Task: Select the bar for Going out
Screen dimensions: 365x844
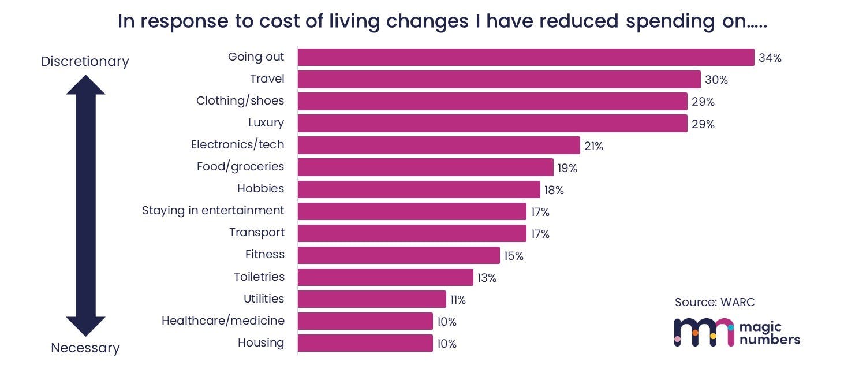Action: [525, 57]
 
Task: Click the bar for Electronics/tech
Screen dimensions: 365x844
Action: [439, 145]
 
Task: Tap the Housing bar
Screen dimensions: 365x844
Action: [365, 343]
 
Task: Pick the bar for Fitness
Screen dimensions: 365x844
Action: [398, 255]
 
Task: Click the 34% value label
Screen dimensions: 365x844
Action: [770, 58]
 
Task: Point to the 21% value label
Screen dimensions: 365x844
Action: [593, 147]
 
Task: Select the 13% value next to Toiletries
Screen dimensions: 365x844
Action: [487, 278]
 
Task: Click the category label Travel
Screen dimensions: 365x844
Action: [267, 79]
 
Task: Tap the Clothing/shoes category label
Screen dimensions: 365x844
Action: [240, 100]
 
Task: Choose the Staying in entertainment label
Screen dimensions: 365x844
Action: [213, 210]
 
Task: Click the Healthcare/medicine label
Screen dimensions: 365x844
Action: [223, 321]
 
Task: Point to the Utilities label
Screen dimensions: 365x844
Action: [264, 299]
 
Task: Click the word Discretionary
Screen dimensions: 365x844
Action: [85, 61]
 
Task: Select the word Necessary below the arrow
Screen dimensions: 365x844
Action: [85, 348]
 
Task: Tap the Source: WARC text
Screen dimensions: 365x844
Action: [715, 302]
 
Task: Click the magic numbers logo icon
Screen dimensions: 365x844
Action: [704, 332]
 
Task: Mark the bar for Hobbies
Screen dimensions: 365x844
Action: [419, 189]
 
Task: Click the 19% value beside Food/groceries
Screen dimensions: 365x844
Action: [567, 169]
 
